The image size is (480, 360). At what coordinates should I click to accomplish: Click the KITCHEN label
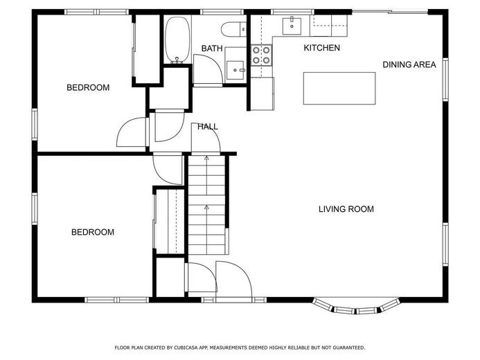[x=322, y=48]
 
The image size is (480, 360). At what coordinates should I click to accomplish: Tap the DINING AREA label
[x=409, y=64]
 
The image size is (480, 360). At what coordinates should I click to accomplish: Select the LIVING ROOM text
[x=346, y=209]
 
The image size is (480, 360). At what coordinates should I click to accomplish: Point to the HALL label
[x=208, y=127]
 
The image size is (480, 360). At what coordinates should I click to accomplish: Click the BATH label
[x=212, y=48]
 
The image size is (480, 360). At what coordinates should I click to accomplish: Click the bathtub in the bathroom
[x=177, y=39]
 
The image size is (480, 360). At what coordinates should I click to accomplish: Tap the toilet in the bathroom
[x=234, y=29]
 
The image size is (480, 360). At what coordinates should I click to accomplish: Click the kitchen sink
[x=292, y=26]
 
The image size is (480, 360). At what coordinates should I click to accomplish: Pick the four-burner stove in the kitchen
[x=262, y=55]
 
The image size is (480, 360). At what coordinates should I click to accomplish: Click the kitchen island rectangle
[x=339, y=89]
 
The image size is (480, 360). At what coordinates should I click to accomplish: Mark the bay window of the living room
[x=356, y=307]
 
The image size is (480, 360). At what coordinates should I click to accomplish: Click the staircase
[x=206, y=205]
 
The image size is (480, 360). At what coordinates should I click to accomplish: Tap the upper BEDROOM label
[x=88, y=88]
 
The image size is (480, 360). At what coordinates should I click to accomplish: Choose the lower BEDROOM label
[x=93, y=232]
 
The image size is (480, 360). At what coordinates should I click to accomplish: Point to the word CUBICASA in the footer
[x=186, y=348]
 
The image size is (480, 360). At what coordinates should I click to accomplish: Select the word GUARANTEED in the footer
[x=349, y=348]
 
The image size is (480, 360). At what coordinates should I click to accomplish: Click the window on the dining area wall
[x=445, y=80]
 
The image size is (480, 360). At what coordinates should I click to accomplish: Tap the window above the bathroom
[x=222, y=12]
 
